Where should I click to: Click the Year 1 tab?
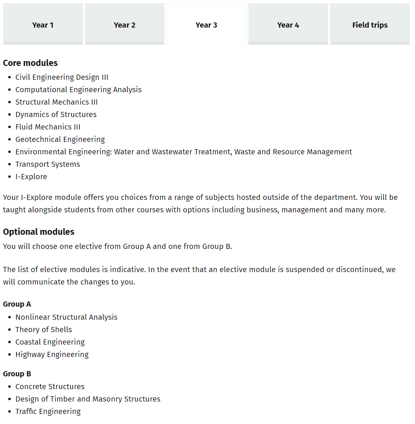43,25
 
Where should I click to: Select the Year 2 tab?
125,25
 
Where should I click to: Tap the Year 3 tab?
206,25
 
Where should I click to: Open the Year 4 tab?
288,25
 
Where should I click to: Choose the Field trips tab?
370,25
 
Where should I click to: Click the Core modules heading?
30,63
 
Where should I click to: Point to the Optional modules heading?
39,232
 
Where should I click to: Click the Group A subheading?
17,304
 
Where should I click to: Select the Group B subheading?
17,374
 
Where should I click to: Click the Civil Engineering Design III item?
62,77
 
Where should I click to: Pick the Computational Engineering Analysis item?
78,90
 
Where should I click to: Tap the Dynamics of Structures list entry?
56,115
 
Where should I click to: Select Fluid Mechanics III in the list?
48,127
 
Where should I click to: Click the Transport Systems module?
48,164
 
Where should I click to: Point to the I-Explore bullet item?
31,177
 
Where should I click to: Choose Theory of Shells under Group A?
43,330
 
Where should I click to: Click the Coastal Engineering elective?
50,342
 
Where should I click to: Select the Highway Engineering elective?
52,355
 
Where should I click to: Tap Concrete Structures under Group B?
50,387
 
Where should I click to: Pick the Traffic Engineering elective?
48,412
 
